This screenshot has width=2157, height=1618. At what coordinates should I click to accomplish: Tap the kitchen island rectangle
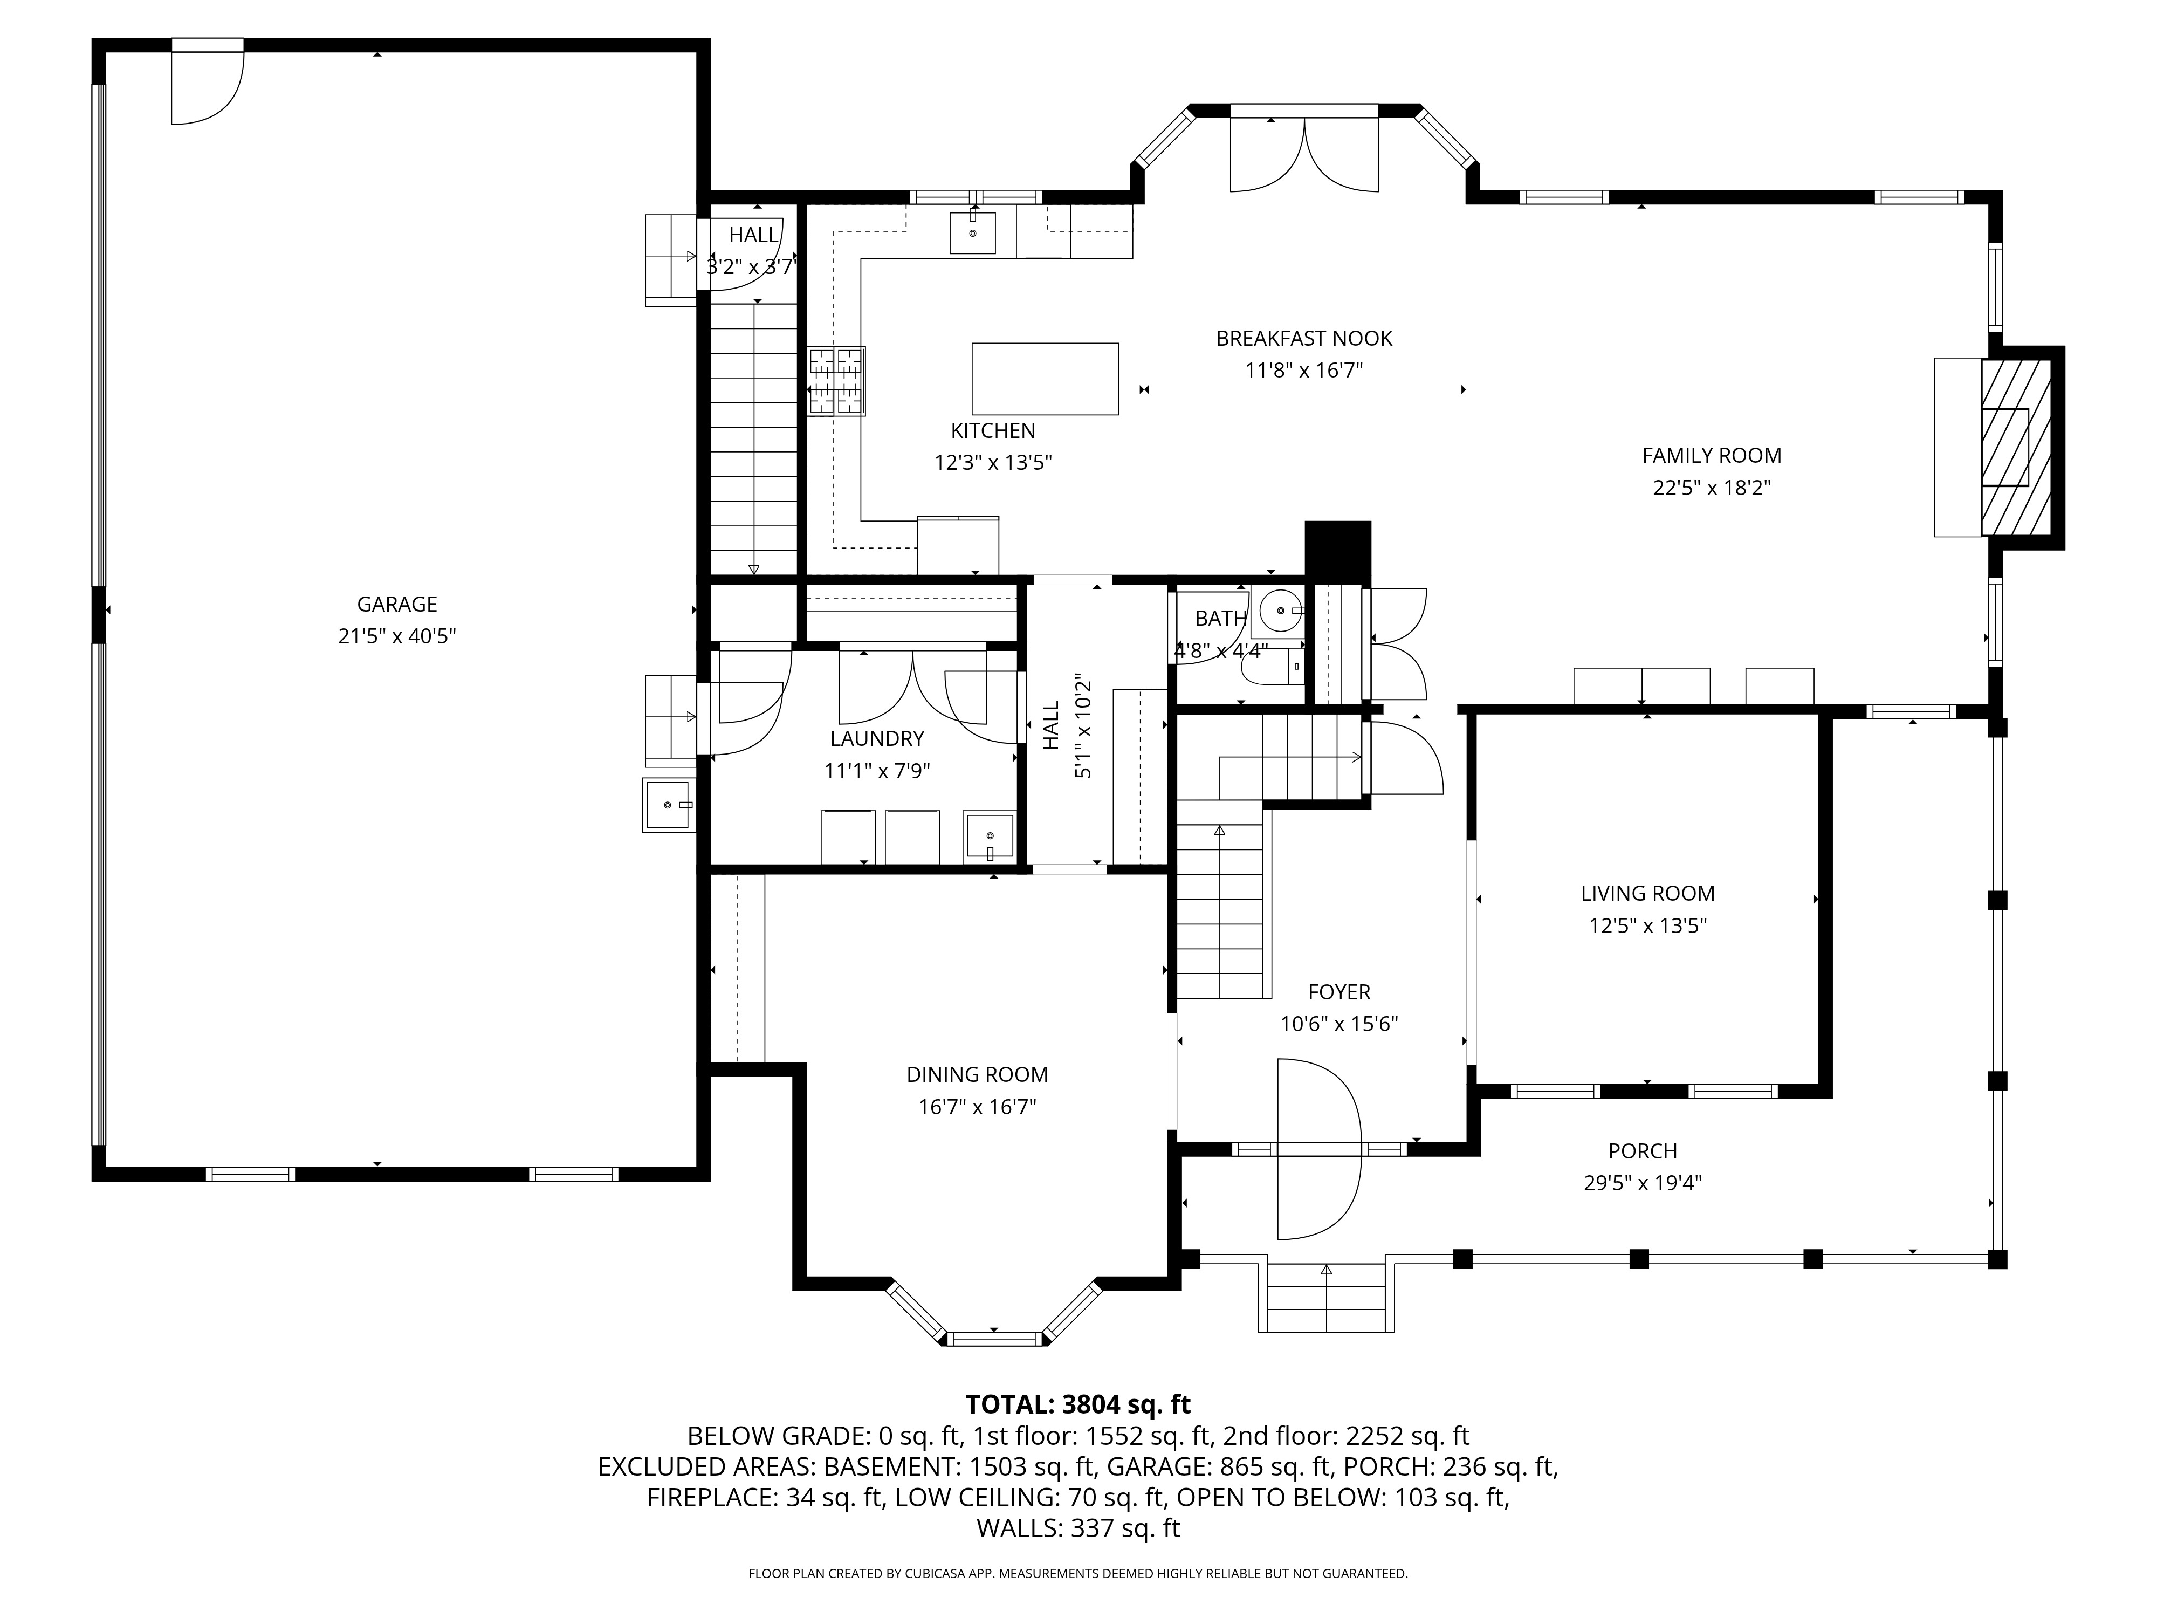click(x=1045, y=379)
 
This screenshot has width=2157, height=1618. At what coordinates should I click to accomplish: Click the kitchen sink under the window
click(x=972, y=233)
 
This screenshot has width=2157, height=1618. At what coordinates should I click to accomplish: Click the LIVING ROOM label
click(x=1647, y=893)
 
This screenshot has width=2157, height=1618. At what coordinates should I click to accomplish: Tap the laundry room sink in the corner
click(x=989, y=836)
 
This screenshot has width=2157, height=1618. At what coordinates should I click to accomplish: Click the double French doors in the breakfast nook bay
click(x=1304, y=156)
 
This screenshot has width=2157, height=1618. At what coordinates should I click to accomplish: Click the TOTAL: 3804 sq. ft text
click(x=1077, y=1404)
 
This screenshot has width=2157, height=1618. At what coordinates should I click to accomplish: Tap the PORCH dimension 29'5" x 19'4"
click(x=1642, y=1183)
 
